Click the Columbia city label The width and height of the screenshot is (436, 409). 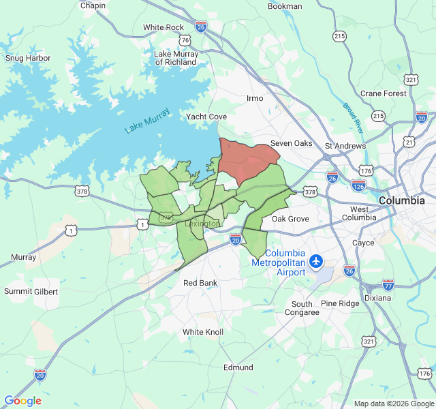[402, 200]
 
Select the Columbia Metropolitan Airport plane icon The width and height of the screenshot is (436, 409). [315, 261]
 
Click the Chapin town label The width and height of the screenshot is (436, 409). [93, 5]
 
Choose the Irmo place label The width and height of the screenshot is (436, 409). [255, 98]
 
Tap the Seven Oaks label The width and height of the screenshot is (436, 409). [291, 143]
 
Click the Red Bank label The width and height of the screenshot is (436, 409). [200, 283]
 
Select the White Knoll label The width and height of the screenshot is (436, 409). [202, 332]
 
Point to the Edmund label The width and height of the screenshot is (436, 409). [238, 367]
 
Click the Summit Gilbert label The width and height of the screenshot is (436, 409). [31, 291]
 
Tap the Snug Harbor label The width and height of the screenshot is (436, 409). [28, 58]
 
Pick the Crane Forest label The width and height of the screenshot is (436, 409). [384, 93]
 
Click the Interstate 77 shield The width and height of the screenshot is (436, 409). [388, 284]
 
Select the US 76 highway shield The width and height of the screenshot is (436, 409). [185, 40]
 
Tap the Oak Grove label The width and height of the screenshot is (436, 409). [290, 219]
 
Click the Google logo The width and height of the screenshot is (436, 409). [22, 401]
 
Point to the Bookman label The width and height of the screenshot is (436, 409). [285, 6]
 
